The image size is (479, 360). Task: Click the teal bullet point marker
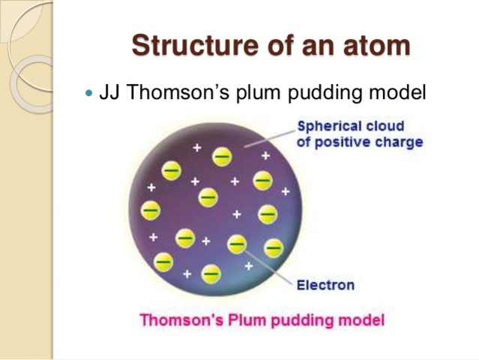click(91, 94)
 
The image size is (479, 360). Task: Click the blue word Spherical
click(328, 126)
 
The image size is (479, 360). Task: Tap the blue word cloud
click(383, 126)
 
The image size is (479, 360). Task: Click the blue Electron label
click(325, 285)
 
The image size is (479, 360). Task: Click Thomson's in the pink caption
click(178, 320)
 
